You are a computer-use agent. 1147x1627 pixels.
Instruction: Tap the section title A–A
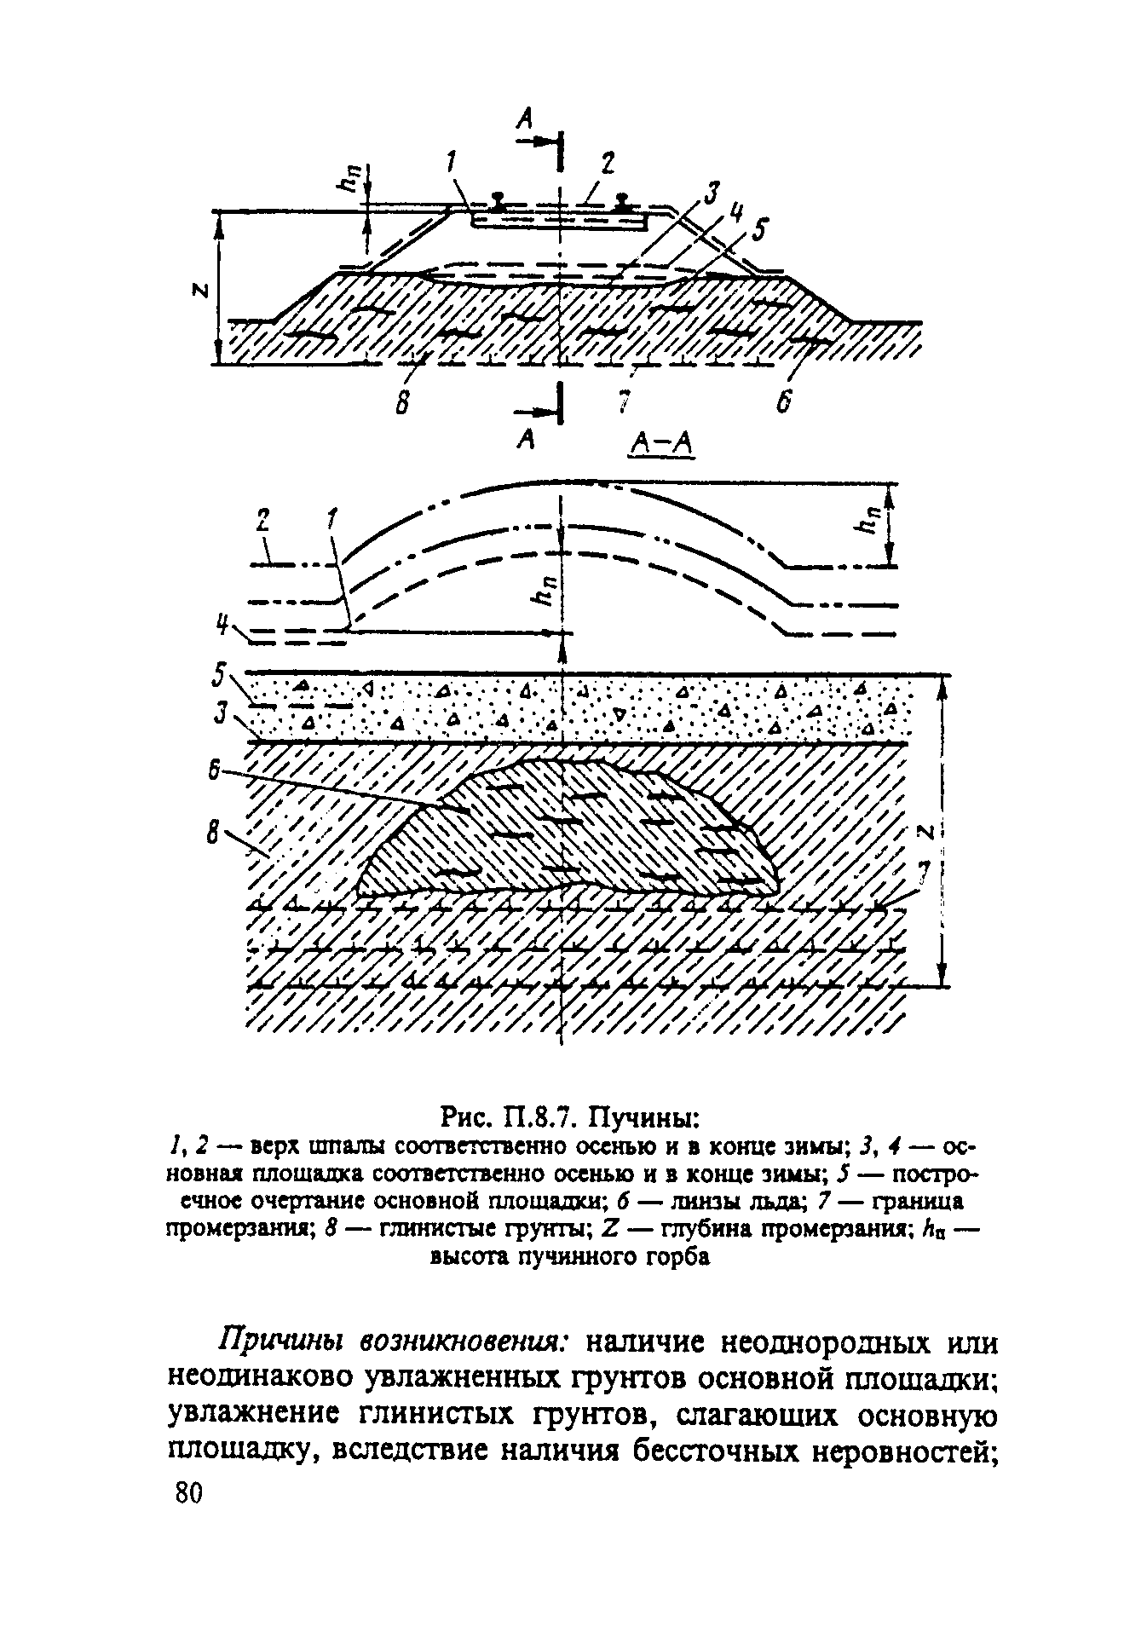point(661,444)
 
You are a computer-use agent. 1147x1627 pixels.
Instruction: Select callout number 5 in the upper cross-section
point(759,231)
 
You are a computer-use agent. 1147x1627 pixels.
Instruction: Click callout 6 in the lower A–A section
point(216,771)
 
